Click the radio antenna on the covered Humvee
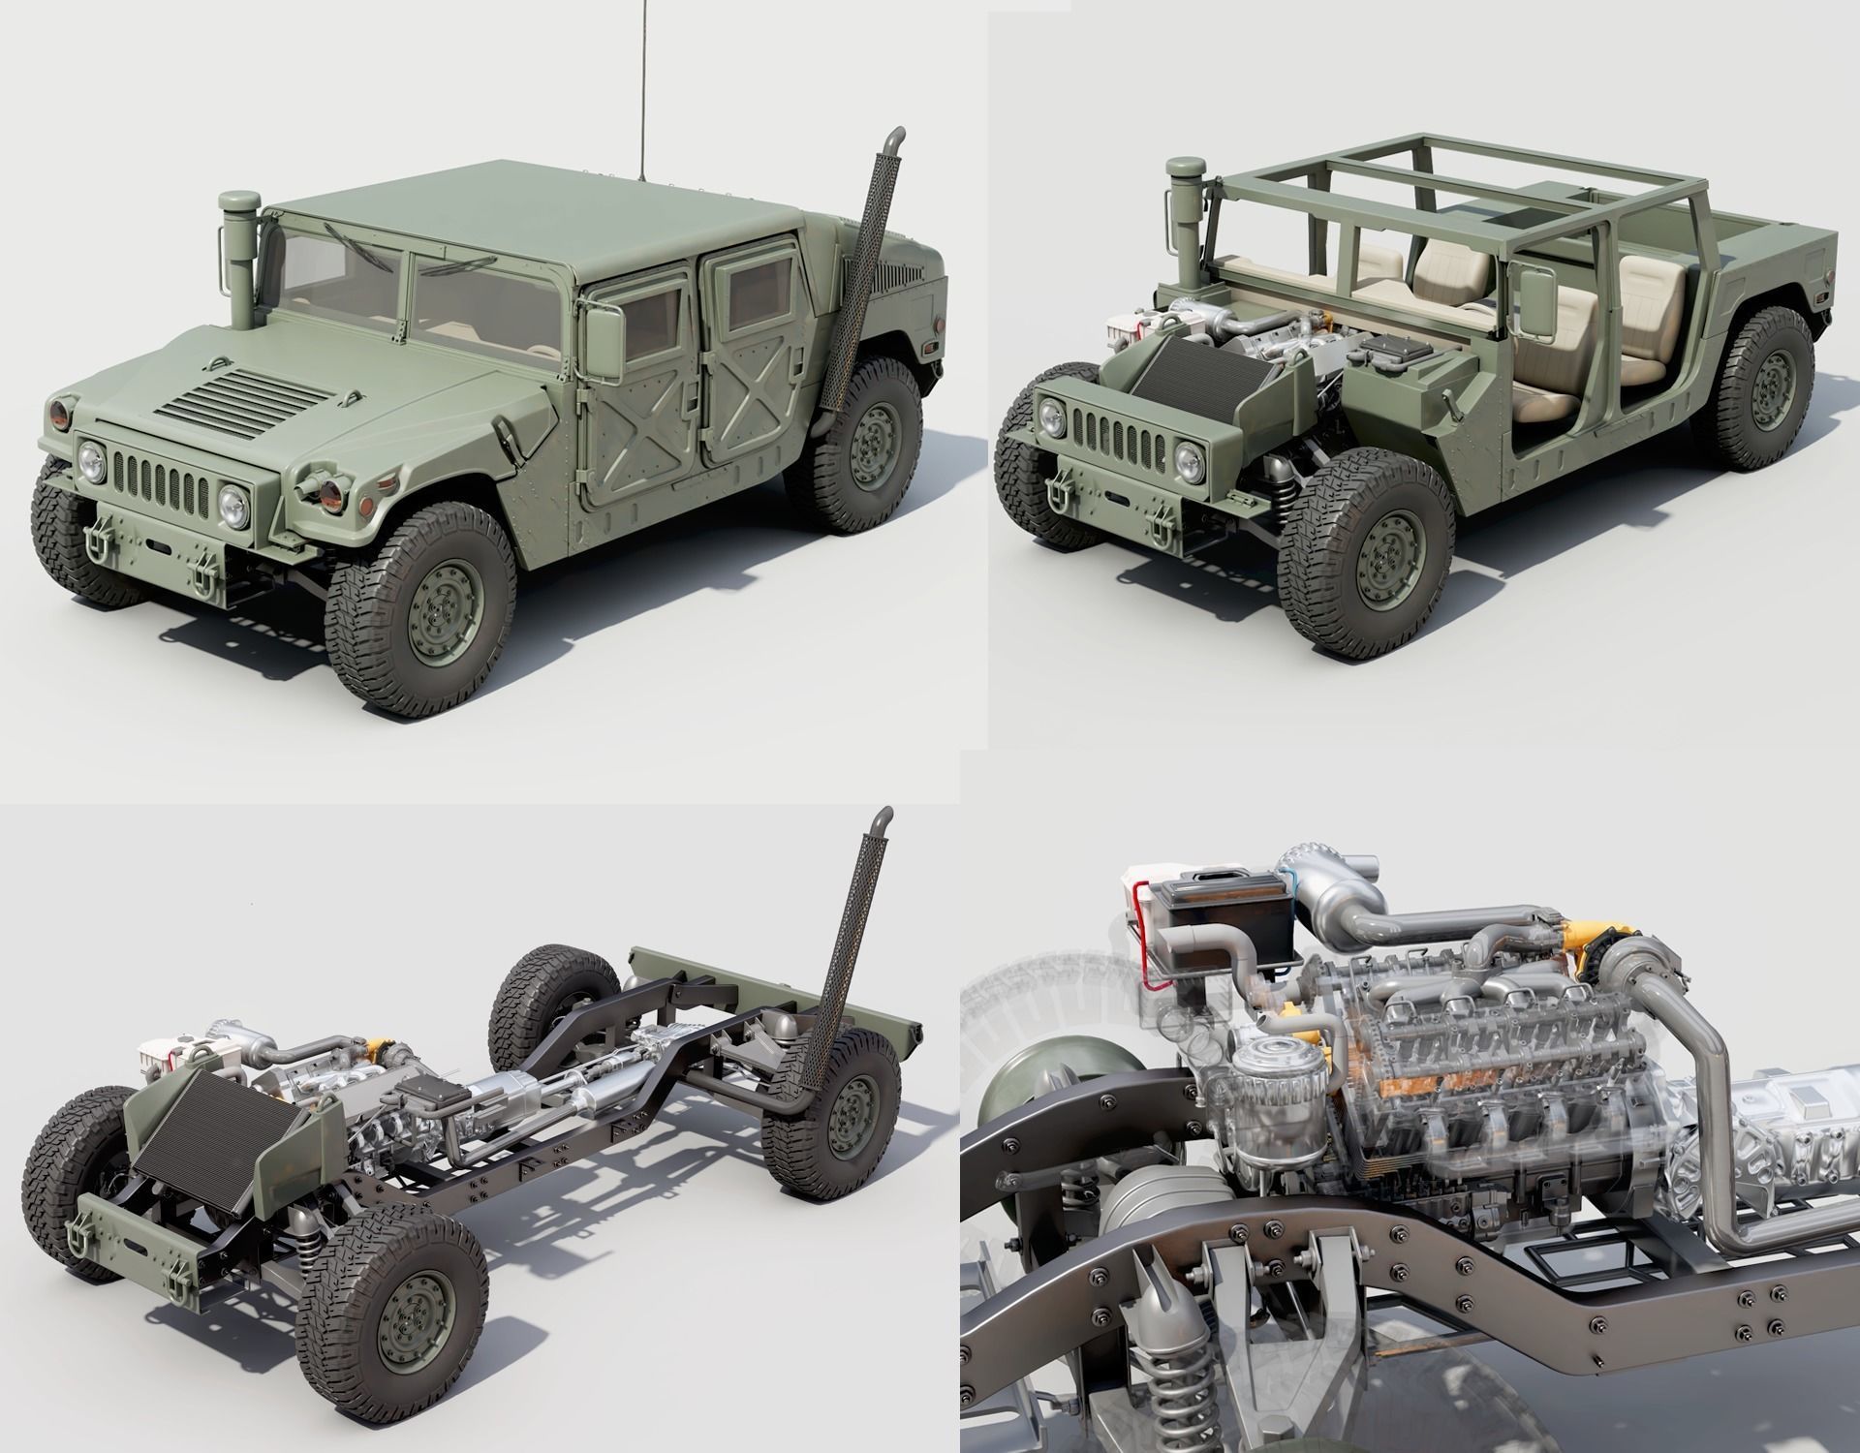642,87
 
